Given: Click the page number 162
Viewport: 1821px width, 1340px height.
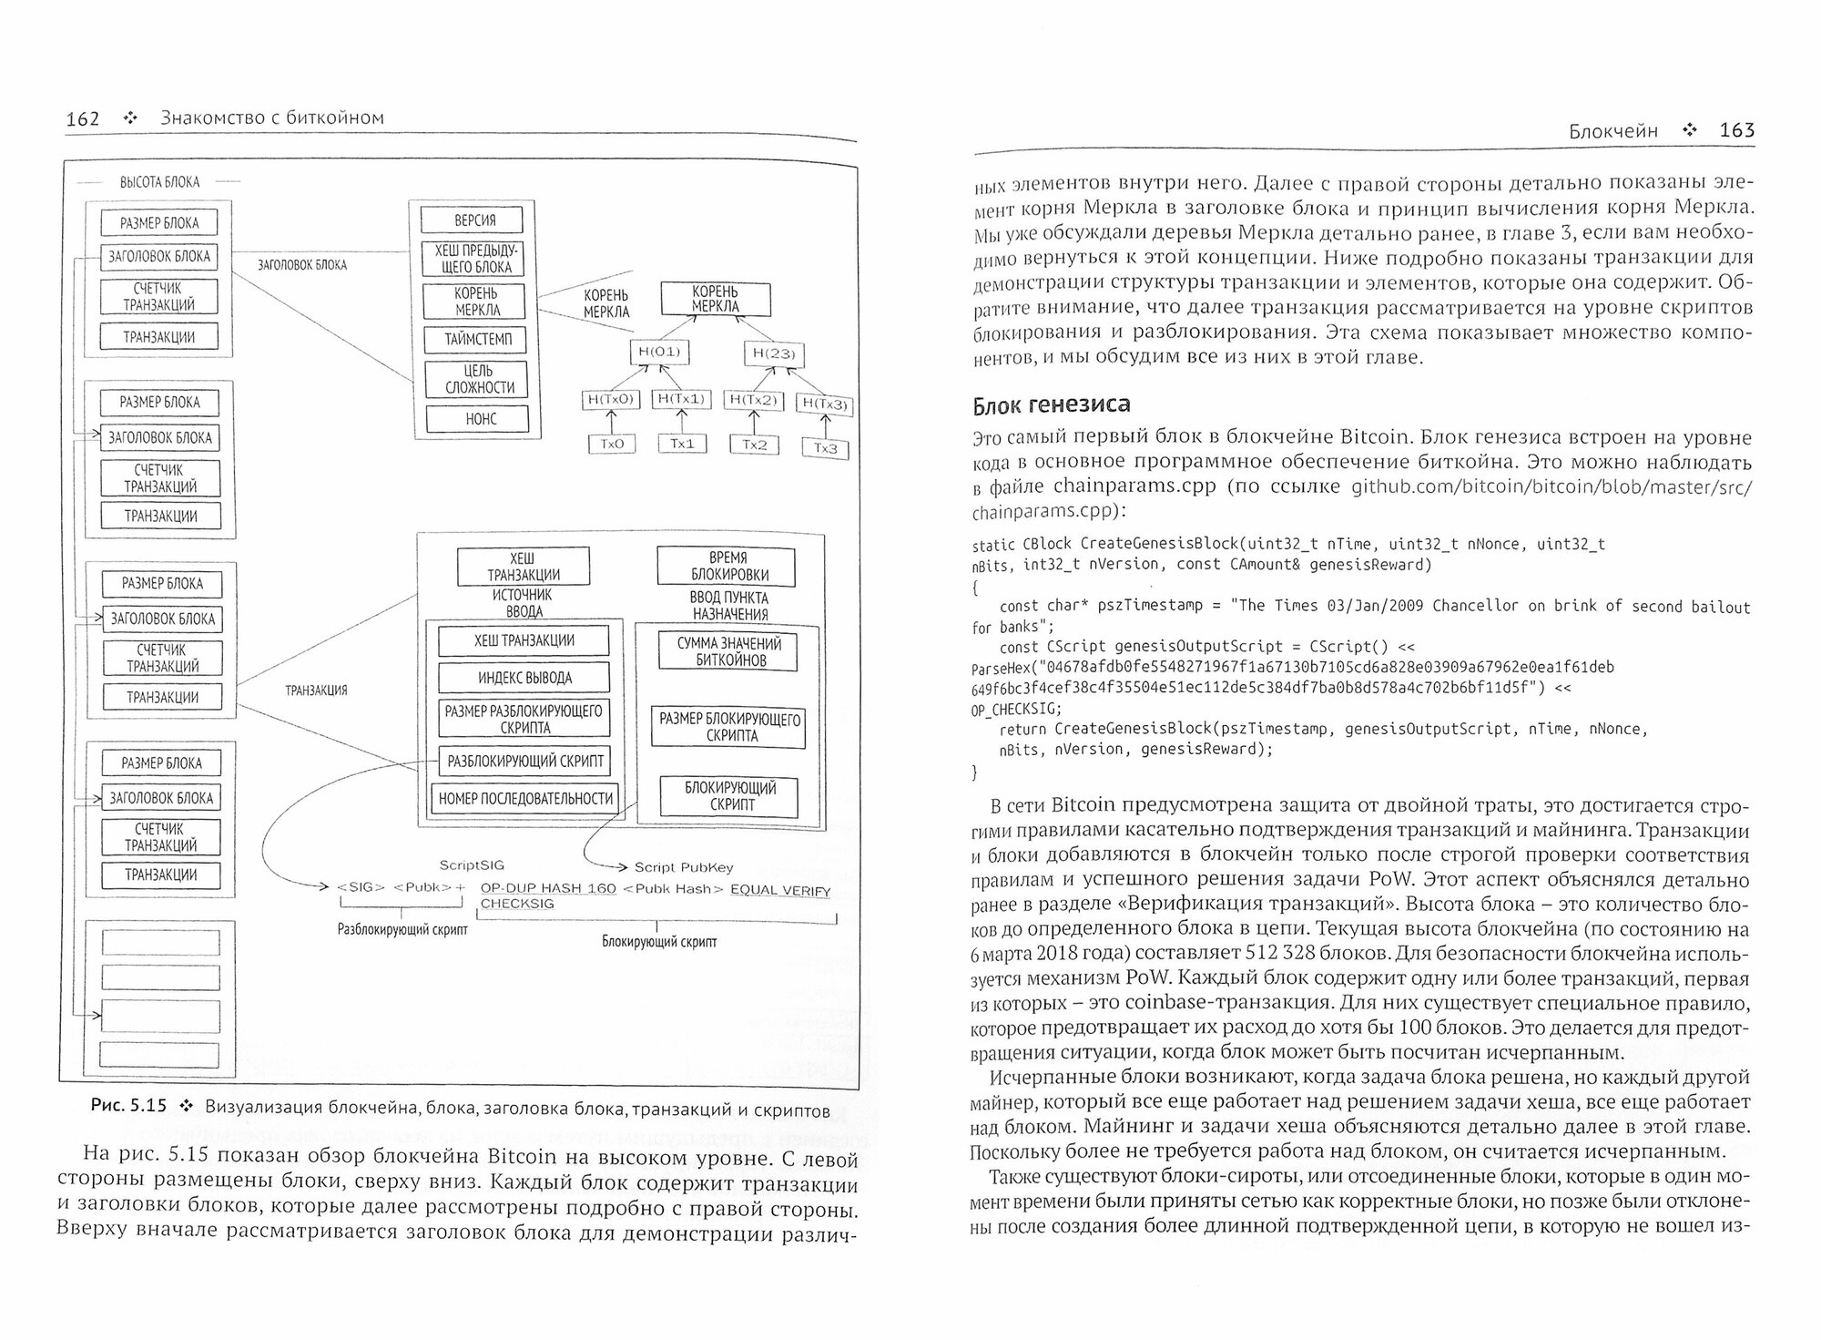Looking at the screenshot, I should tap(83, 118).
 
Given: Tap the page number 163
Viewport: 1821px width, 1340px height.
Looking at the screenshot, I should tap(1736, 130).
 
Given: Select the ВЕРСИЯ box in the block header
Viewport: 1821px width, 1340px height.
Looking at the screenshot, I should tap(474, 220).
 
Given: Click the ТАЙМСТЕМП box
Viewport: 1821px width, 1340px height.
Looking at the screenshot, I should tap(478, 340).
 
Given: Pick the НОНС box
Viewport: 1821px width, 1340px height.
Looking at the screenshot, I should tap(481, 419).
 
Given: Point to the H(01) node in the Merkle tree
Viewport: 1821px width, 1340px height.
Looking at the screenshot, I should tap(659, 352).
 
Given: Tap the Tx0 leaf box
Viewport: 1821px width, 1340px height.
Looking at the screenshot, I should tap(612, 444).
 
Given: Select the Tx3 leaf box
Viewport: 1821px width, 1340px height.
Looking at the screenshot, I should tap(825, 448).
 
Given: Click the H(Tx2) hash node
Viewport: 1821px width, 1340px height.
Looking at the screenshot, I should tap(753, 400).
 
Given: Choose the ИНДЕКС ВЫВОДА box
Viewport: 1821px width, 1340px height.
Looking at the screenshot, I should tap(524, 678).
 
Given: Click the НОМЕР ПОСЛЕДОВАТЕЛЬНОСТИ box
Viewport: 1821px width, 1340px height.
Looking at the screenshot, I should tap(525, 799).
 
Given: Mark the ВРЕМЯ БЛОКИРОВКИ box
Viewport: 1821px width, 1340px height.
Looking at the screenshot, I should tap(726, 567).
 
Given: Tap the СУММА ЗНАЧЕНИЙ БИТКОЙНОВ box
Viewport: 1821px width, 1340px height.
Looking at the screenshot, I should tap(728, 651).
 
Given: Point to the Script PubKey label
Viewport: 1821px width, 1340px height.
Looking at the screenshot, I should tap(683, 867).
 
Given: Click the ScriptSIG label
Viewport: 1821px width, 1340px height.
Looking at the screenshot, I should tap(471, 864).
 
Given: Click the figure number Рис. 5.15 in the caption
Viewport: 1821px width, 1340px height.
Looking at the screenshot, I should tap(128, 1106).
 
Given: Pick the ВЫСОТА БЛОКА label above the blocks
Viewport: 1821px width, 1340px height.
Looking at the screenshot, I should tap(159, 182).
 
